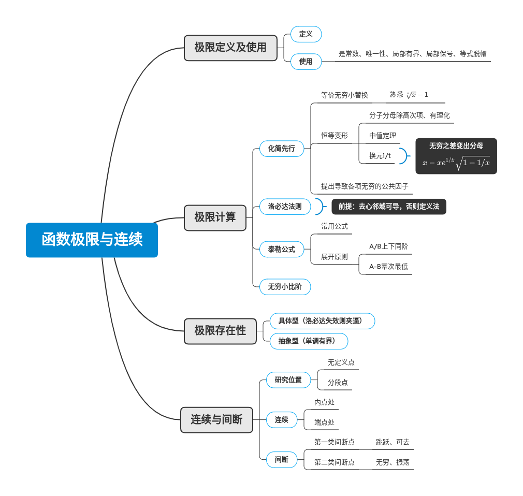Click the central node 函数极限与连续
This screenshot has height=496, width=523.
click(x=92, y=240)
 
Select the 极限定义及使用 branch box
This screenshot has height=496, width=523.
click(x=230, y=48)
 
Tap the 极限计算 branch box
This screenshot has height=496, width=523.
click(x=215, y=217)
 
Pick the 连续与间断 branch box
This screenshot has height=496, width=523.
click(x=216, y=420)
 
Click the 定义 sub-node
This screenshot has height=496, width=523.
click(x=306, y=34)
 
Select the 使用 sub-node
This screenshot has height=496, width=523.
click(x=306, y=62)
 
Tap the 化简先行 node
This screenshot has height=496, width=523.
click(x=281, y=149)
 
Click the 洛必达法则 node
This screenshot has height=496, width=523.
click(x=285, y=207)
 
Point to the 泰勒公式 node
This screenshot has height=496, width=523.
click(x=281, y=249)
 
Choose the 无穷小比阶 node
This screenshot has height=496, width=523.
click(x=285, y=286)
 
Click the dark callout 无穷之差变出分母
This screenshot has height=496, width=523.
click(x=456, y=156)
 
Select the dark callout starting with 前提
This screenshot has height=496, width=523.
click(x=388, y=207)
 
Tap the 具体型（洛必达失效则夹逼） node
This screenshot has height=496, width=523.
click(x=322, y=321)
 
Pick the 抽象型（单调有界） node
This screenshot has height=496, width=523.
click(x=309, y=341)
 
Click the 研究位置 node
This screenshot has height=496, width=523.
click(x=288, y=380)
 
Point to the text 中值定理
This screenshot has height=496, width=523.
click(x=383, y=136)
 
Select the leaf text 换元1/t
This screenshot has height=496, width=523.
click(x=380, y=156)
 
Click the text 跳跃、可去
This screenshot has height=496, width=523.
click(x=393, y=442)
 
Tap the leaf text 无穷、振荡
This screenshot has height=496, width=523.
click(x=393, y=462)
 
